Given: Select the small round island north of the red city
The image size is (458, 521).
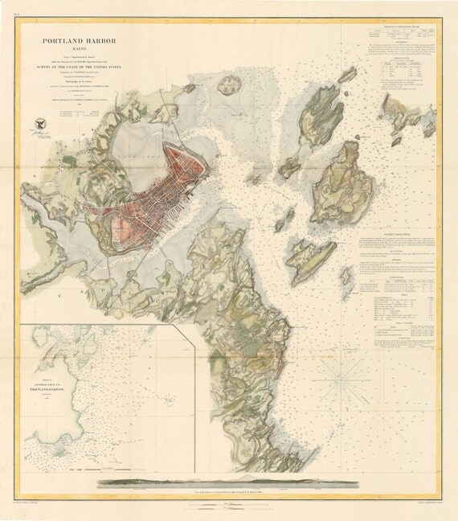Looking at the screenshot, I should tap(231, 84).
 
